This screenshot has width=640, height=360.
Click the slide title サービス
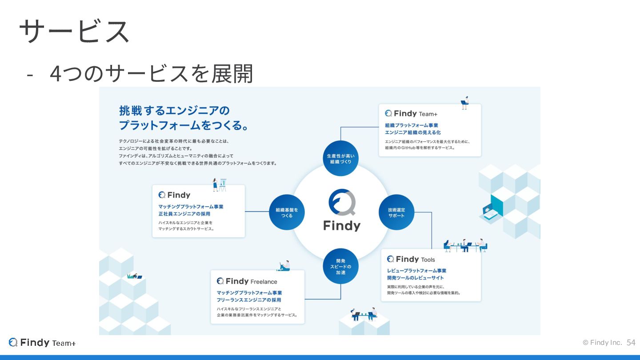point(74,32)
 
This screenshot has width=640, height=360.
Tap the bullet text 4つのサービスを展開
point(151,74)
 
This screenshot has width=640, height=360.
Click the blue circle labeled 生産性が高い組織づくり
point(340,159)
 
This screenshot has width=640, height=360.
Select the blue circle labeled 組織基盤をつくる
point(287,212)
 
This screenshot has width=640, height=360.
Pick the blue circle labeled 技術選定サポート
point(396,212)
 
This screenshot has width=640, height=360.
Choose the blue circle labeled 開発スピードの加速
point(340,266)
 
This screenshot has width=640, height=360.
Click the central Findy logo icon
point(341,203)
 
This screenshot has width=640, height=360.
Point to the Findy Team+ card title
point(411,114)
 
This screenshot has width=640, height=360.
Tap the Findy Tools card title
point(411,259)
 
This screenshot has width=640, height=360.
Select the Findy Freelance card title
point(247,281)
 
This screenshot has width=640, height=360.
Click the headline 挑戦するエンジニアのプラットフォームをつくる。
point(183,118)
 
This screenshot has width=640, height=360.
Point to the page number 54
point(631,343)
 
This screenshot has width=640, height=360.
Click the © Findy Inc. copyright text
point(602,343)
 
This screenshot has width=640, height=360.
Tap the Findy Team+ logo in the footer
point(42,343)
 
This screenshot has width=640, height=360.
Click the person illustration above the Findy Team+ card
point(465,103)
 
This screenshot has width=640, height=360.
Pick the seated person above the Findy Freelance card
point(284,266)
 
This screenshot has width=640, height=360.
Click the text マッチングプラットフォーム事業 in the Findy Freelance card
point(249,293)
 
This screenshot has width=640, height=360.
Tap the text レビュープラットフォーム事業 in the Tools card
point(416,271)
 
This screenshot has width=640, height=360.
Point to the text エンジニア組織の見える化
point(412,132)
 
